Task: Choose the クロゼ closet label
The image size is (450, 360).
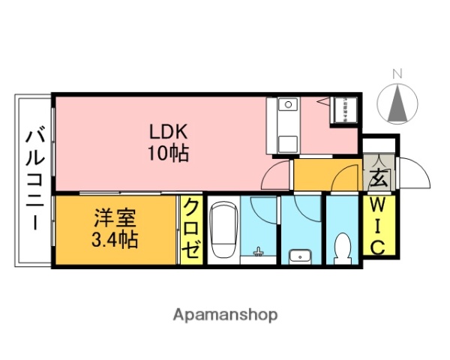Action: pos(192,228)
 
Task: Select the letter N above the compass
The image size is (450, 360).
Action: pos(398,73)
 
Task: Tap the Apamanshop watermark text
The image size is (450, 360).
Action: pos(225,314)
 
